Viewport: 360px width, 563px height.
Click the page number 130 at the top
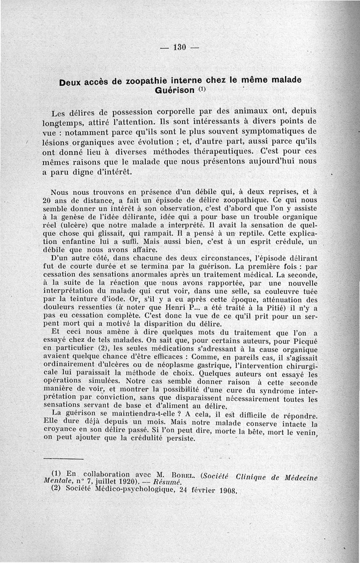(x=179, y=47)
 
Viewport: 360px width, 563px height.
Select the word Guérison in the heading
(x=175, y=90)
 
